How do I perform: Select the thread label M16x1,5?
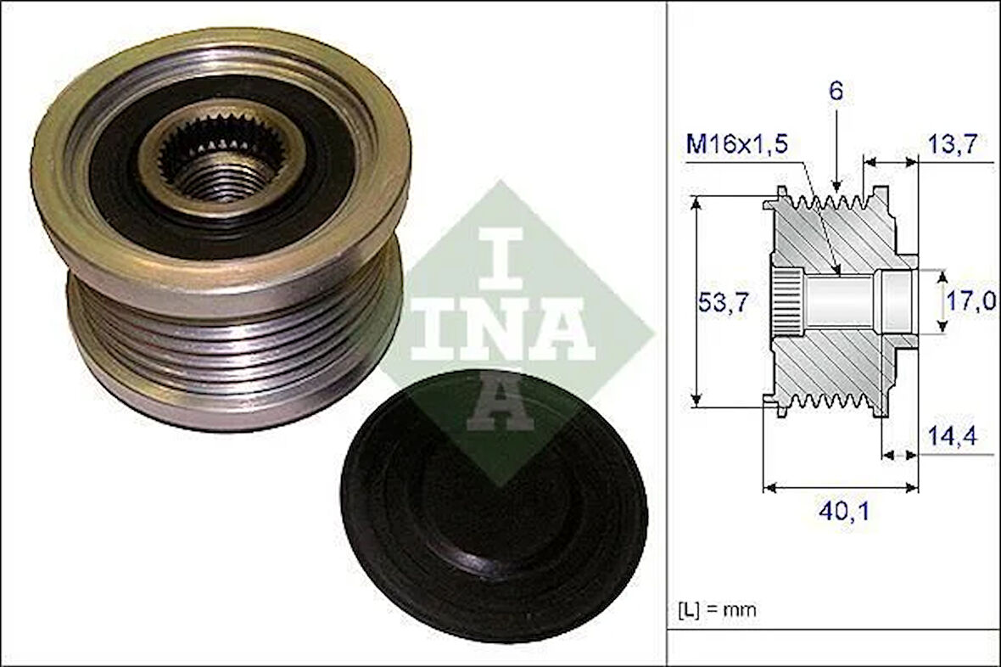pos(736,144)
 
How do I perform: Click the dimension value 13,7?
pos(958,144)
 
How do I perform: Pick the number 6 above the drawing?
pos(836,92)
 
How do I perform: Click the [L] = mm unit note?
pos(717,609)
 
